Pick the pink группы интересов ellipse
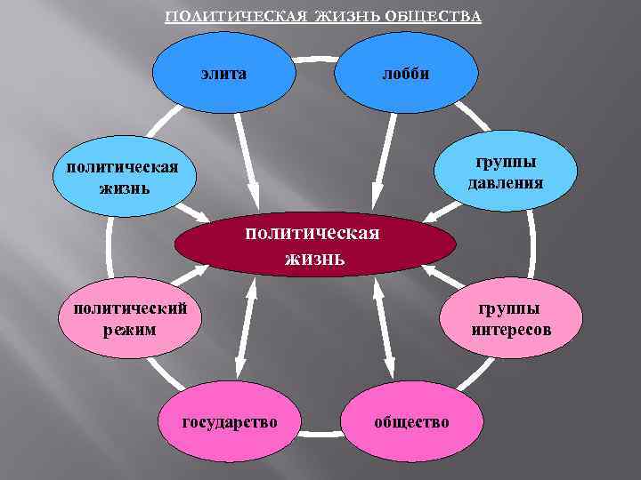pyautogui.click(x=513, y=319)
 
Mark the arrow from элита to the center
pyautogui.click(x=247, y=160)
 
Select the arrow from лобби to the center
pyautogui.click(x=382, y=160)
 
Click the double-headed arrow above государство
pyautogui.click(x=246, y=328)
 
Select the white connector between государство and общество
pyautogui.click(x=320, y=433)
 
